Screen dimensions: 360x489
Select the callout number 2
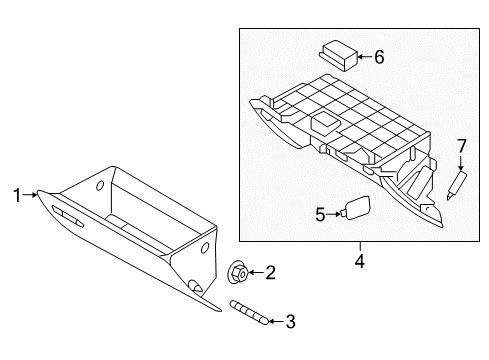pos(270,271)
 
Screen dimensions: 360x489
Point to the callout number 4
pos(358,262)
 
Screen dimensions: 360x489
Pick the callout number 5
pos(320,212)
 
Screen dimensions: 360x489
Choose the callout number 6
pos(379,57)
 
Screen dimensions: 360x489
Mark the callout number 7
pos(461,146)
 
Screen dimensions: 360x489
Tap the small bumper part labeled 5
pos(353,208)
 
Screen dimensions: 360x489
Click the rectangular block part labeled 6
pos(336,54)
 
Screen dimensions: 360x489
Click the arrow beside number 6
pos(362,57)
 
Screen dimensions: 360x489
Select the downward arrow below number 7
pos(461,163)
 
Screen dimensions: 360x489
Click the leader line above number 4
pos(358,248)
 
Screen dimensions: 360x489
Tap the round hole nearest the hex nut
pos(204,247)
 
